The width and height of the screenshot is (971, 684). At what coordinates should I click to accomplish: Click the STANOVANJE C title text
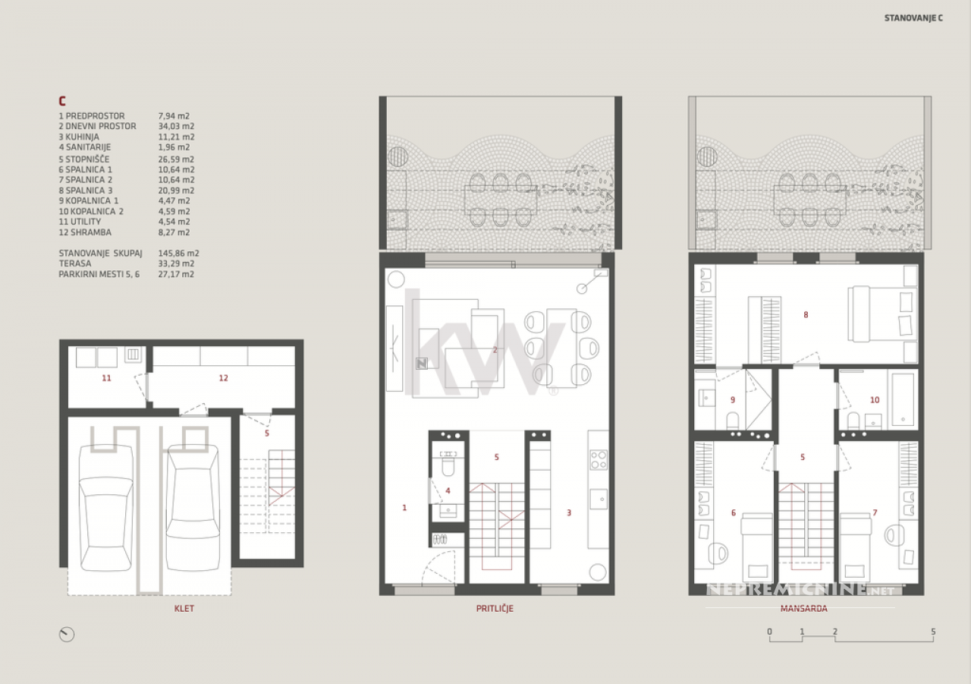tap(913, 18)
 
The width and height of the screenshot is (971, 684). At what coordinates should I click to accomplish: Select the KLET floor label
tap(184, 609)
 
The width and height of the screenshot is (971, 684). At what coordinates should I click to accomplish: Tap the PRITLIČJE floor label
tap(495, 609)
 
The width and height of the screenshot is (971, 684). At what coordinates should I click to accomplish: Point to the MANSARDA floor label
tap(803, 609)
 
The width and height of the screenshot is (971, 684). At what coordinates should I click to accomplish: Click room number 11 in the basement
tap(106, 378)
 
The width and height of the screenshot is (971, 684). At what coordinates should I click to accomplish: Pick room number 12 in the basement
tap(223, 378)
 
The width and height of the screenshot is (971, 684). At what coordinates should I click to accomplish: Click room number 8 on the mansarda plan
tap(806, 315)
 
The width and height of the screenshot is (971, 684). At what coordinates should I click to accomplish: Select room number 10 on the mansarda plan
tap(875, 400)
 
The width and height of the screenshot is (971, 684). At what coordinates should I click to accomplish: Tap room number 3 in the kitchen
tap(569, 513)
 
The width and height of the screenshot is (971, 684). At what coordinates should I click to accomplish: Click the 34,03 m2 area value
tap(176, 126)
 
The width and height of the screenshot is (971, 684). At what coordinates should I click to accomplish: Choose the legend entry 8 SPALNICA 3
tap(86, 191)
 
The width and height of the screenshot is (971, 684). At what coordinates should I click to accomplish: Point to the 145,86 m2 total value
tap(178, 254)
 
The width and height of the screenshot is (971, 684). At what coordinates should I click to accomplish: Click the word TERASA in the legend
tap(75, 263)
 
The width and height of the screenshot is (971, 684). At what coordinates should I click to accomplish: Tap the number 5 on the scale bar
tap(933, 632)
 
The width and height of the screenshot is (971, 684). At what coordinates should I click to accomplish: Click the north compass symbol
tap(67, 635)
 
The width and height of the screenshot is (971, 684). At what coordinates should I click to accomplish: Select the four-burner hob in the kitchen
tap(599, 460)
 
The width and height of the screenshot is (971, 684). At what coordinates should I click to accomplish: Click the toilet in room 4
tap(448, 465)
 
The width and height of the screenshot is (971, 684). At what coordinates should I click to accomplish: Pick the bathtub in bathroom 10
tap(903, 399)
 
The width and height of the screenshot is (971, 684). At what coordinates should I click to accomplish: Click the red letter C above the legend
tap(62, 101)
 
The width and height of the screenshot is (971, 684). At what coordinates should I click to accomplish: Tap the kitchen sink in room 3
tap(599, 500)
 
